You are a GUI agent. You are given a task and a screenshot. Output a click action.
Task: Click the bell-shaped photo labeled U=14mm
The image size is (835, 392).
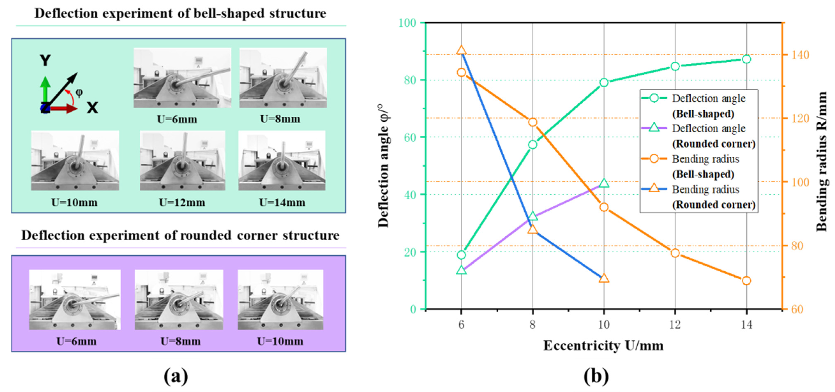coord(282,160)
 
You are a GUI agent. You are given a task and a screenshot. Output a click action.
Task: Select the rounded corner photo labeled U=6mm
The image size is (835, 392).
coord(75,300)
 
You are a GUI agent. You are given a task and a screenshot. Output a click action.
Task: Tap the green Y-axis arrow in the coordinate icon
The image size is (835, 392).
coord(45,89)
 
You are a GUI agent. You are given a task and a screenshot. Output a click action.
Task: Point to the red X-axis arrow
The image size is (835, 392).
coord(63,109)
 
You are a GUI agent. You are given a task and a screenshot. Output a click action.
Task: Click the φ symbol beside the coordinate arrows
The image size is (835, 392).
coord(79,93)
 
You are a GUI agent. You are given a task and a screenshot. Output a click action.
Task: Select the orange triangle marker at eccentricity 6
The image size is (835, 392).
coord(461,50)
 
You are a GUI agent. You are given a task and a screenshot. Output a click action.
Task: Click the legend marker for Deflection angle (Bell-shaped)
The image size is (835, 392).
coord(654,98)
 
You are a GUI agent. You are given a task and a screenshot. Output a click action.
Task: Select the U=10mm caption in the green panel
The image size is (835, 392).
coord(74,202)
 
